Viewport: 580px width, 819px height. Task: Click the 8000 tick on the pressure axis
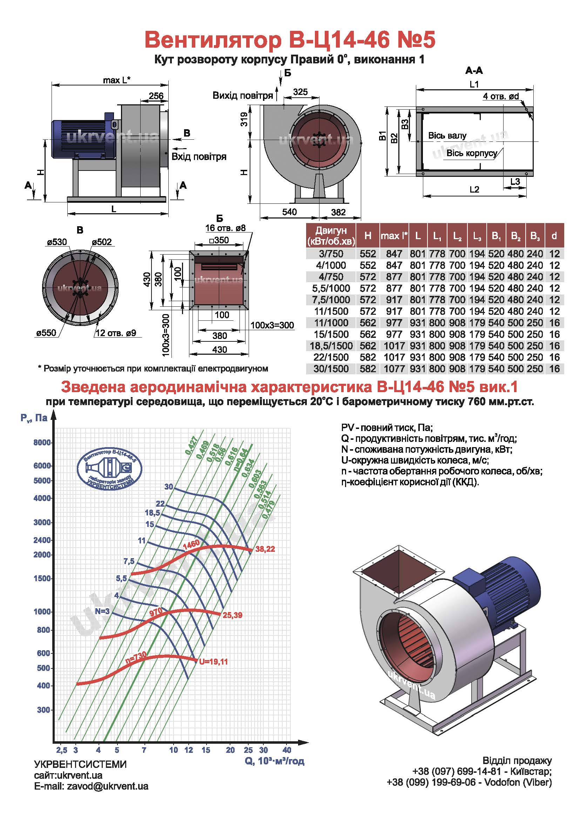42,443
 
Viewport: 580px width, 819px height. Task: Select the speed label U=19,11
213,662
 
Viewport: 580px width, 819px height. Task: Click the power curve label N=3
102,611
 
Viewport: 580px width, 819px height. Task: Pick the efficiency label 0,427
191,445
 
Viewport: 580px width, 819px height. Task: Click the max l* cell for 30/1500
394,368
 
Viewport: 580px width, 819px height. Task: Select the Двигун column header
331,236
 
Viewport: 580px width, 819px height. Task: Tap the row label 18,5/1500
331,346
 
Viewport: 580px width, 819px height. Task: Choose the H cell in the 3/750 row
368,254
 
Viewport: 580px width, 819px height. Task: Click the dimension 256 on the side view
156,96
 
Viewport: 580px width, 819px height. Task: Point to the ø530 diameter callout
57,242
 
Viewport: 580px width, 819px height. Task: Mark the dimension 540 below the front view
289,212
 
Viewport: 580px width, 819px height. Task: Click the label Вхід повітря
199,156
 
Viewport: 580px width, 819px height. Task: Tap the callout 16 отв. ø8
225,228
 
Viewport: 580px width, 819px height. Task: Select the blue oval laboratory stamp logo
110,468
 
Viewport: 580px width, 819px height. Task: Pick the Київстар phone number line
482,771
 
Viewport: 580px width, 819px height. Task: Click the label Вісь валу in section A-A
447,136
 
